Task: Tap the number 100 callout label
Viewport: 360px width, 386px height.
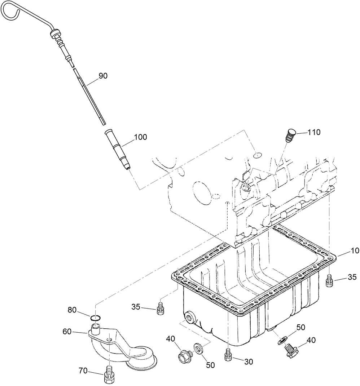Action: tap(141, 138)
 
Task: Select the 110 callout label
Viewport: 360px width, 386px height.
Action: tap(314, 132)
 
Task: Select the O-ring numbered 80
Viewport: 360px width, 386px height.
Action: tap(95, 318)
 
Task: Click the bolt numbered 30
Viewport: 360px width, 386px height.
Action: tap(228, 355)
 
